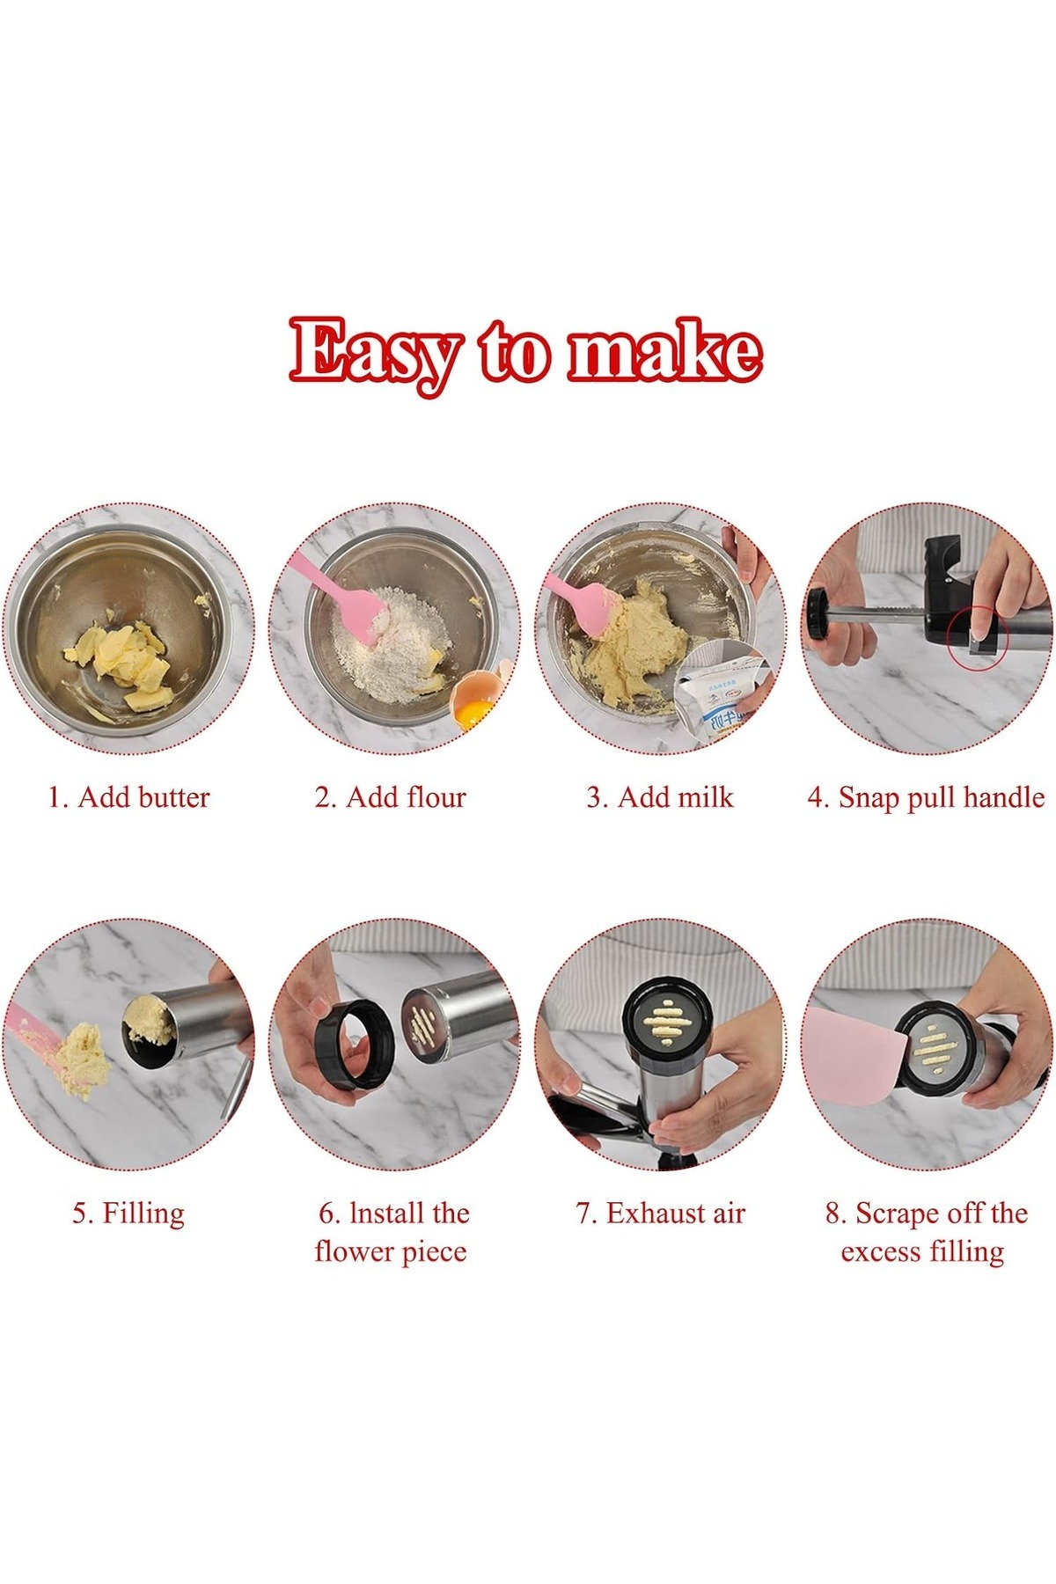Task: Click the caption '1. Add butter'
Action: pyautogui.click(x=128, y=797)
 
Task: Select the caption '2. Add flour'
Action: pyautogui.click(x=390, y=797)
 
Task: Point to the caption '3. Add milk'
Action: pyautogui.click(x=660, y=797)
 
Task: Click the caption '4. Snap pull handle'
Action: pyautogui.click(x=926, y=798)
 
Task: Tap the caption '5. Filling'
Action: pyautogui.click(x=128, y=1214)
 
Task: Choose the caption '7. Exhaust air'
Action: pyautogui.click(x=660, y=1214)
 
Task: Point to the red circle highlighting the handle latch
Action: pyautogui.click(x=978, y=636)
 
